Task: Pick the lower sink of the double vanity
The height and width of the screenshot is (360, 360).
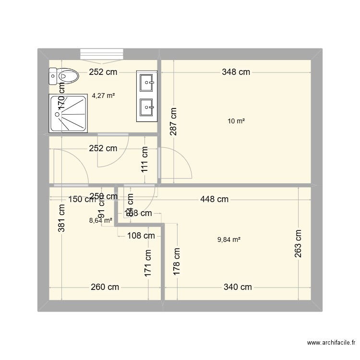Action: pyautogui.click(x=146, y=107)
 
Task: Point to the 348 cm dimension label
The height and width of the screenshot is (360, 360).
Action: pyautogui.click(x=236, y=72)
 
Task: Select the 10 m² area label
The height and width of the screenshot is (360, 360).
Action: pyautogui.click(x=236, y=121)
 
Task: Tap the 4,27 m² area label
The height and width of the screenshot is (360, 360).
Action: pyautogui.click(x=103, y=96)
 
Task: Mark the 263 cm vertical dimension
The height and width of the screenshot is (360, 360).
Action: pyautogui.click(x=298, y=244)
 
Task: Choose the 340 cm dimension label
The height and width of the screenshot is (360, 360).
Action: pyautogui.click(x=237, y=288)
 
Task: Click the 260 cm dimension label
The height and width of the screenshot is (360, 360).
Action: pyautogui.click(x=105, y=288)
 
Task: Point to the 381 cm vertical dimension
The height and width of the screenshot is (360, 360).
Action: pyautogui.click(x=62, y=219)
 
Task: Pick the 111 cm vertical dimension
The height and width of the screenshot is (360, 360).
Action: pyautogui.click(x=144, y=160)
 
